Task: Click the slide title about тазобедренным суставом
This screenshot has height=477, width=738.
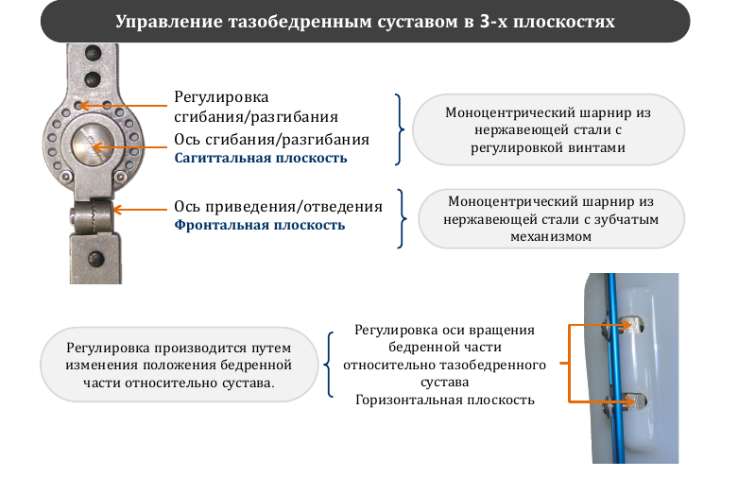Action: (366, 22)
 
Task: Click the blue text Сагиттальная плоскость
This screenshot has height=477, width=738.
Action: (261, 158)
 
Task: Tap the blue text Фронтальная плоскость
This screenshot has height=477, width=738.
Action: (260, 225)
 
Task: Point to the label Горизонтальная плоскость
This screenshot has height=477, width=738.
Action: (445, 400)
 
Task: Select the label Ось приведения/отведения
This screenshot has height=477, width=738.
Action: (278, 207)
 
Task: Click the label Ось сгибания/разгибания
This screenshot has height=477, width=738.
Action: (271, 140)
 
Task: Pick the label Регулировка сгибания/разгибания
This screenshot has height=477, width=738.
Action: (256, 107)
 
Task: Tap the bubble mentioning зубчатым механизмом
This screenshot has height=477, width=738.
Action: (551, 219)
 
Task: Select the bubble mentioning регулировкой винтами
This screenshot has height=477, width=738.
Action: (548, 129)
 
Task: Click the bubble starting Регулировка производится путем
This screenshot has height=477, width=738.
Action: (179, 365)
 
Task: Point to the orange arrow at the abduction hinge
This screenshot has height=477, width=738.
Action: (140, 210)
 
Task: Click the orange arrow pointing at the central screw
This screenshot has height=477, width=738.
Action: (129, 147)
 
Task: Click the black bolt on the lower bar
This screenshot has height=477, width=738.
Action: (96, 258)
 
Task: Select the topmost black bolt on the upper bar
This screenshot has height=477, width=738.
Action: (93, 53)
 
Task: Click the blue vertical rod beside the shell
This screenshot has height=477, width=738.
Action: (615, 367)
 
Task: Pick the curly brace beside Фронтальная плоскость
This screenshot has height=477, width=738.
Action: (401, 218)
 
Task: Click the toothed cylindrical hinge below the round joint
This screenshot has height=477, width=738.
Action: (92, 217)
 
